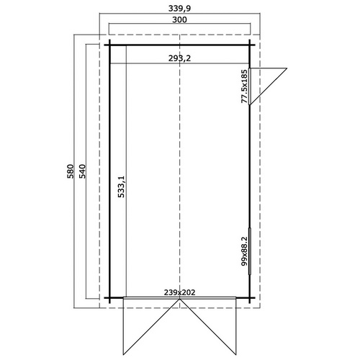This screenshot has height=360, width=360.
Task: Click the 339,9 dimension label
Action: coord(179,9)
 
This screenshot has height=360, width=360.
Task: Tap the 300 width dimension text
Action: coord(179,19)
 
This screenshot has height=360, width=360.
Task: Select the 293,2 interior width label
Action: coord(179,58)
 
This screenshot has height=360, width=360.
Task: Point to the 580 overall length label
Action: coord(70,171)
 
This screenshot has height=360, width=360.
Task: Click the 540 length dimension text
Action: coord(82,171)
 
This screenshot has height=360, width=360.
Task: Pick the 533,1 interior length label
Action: coord(122,186)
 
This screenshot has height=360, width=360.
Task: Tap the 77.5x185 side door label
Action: coord(244,86)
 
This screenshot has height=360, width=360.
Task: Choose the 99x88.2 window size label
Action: coord(244,251)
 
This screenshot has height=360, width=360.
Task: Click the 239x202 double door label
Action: coord(179,292)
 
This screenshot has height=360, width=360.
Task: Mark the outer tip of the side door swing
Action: coord(287,68)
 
